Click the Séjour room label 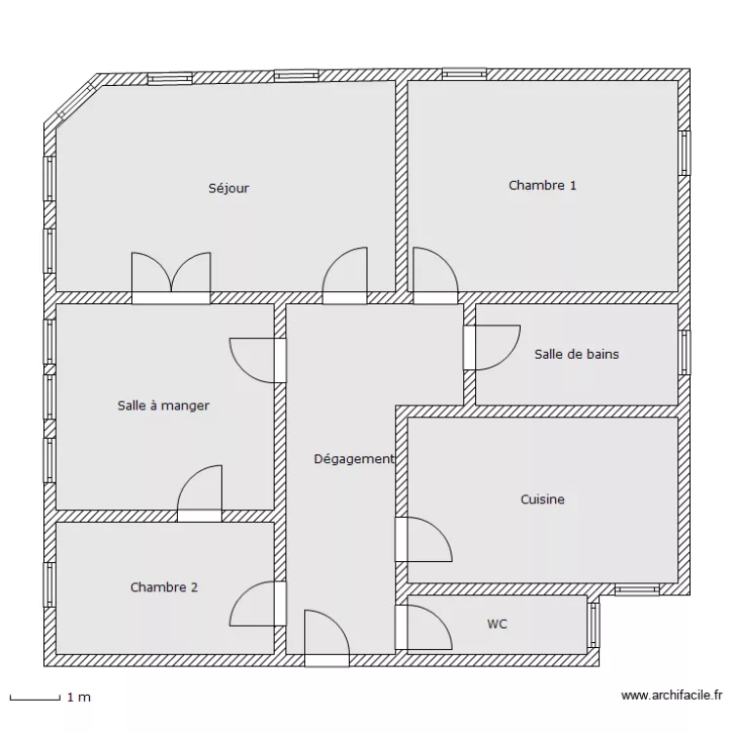229,188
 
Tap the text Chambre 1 542,185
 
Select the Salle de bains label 577,354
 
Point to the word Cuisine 542,499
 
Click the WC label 497,624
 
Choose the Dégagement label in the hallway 354,458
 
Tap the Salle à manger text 163,405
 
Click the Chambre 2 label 164,587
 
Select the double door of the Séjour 171,277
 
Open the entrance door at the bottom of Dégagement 326,640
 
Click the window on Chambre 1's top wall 464,73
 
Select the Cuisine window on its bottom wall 637,589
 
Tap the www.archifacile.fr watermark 670,696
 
